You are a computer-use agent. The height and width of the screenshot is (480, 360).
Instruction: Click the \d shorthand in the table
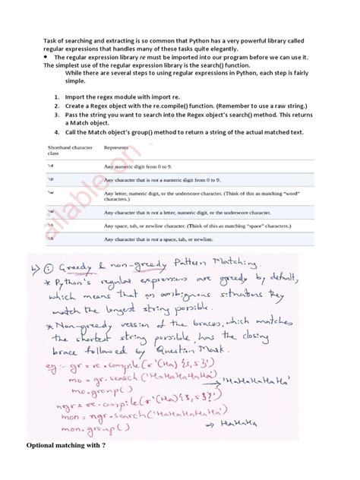(51, 164)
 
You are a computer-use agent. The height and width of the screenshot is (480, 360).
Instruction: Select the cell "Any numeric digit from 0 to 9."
(156, 164)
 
